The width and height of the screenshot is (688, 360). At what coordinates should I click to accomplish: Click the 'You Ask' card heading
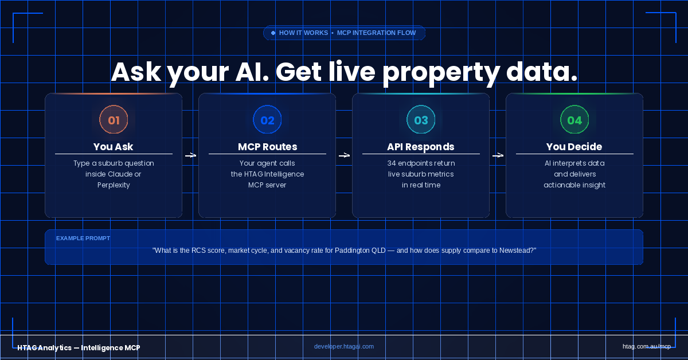pos(114,147)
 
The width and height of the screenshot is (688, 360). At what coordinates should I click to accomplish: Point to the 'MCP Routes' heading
pos(268,147)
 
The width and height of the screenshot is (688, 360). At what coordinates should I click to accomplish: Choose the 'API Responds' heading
pos(421,147)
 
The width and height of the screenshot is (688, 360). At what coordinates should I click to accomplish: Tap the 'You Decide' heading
pos(574,147)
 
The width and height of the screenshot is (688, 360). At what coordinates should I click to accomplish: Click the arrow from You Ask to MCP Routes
pos(190,155)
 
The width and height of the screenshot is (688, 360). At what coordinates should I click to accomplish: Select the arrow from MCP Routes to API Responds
pos(344,155)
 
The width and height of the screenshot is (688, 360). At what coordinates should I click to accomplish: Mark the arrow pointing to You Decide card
pos(498,155)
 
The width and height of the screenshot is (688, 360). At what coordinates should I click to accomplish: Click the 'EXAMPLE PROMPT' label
pos(83,238)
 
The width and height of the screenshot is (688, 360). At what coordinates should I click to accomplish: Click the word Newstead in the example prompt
pos(518,251)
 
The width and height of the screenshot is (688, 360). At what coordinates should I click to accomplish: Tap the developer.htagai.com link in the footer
pos(344,346)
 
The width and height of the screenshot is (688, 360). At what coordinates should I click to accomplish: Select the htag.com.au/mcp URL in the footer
pos(647,346)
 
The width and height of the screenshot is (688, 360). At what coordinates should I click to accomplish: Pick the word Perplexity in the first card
pos(114,185)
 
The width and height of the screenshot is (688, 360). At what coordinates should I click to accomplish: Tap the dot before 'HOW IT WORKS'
pos(273,33)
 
